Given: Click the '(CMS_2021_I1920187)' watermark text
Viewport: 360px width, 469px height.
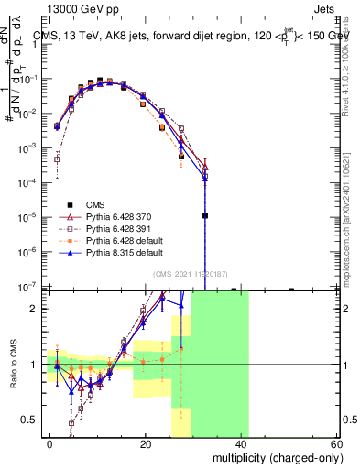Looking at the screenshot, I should pos(193,273).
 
